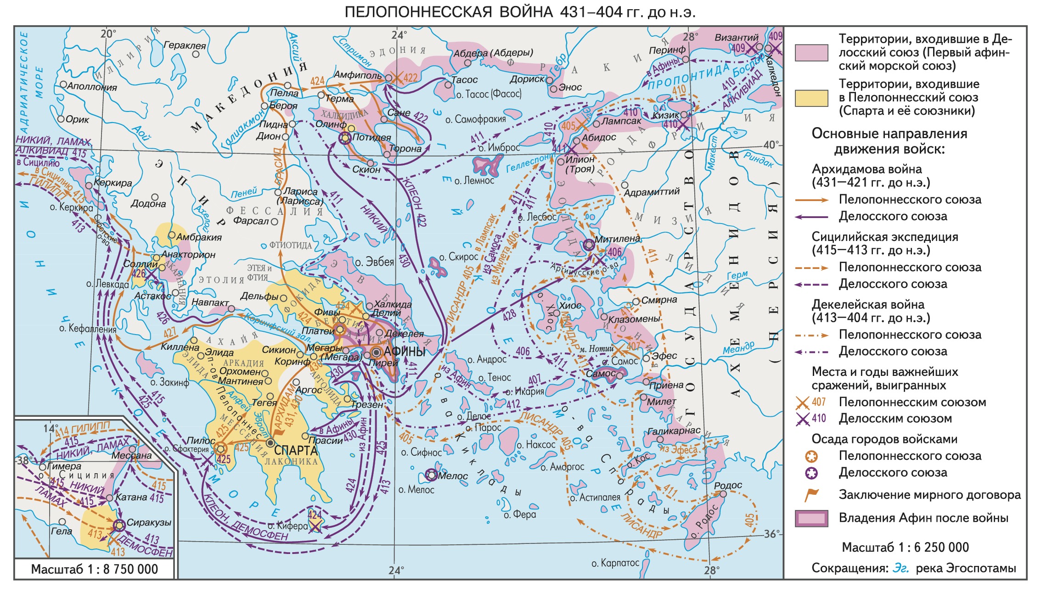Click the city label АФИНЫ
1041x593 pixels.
404,352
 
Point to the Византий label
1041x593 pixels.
736,38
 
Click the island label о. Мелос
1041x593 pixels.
416,490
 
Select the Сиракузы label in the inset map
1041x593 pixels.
149,522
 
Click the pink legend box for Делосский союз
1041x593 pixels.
811,53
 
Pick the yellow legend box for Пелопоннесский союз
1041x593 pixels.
811,98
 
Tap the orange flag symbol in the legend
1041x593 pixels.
811,495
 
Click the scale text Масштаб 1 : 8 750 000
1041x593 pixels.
95,569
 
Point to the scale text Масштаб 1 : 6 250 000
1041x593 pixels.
905,547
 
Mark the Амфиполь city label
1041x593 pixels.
357,75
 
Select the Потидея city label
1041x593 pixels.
372,137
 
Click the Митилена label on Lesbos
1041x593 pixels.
617,239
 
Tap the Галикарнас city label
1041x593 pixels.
674,431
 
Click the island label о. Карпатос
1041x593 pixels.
615,563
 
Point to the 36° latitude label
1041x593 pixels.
771,534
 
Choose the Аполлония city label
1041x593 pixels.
92,86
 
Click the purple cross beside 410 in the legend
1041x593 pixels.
802,419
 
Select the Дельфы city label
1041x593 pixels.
259,296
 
